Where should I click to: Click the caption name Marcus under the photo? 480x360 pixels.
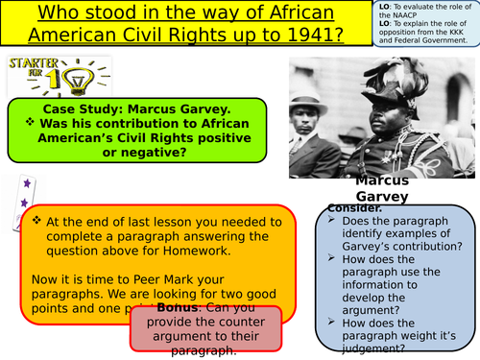coord(383,181)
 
